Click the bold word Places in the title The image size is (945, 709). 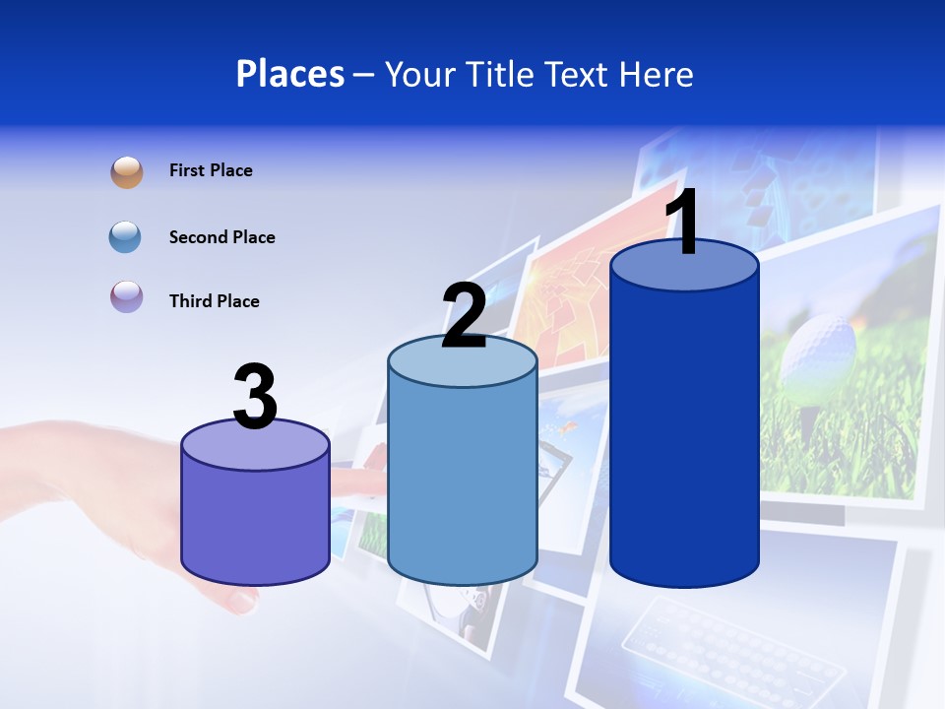click(x=290, y=74)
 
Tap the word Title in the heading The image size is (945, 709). click(x=500, y=74)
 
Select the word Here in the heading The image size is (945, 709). click(x=657, y=74)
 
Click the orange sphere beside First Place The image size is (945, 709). click(x=127, y=172)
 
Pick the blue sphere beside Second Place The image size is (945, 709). click(x=125, y=237)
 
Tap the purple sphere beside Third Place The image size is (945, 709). click(x=127, y=296)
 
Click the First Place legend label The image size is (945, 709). click(x=211, y=170)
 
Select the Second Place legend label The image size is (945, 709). click(x=221, y=237)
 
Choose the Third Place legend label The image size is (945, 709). click(x=214, y=301)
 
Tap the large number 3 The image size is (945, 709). click(x=255, y=398)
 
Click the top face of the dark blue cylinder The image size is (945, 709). click(x=684, y=268)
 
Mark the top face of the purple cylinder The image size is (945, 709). click(x=255, y=448)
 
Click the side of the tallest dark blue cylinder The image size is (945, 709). click(x=684, y=433)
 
